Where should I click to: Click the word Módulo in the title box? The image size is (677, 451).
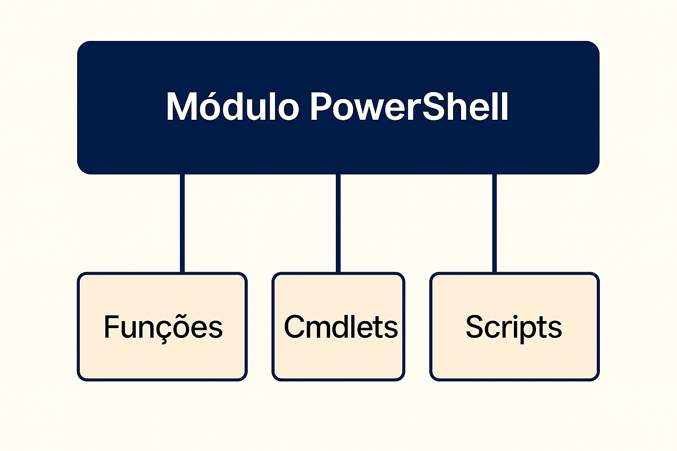(233, 106)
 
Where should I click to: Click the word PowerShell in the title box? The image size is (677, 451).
(409, 106)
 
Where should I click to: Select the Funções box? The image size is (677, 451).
(162, 326)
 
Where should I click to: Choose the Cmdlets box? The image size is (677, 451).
(338, 326)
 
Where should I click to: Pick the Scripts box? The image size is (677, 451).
(514, 326)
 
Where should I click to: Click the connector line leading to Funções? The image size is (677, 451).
(182, 223)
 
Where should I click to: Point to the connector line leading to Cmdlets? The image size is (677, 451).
(338, 223)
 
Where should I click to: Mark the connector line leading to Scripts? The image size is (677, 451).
(495, 223)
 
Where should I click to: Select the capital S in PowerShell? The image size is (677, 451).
(433, 106)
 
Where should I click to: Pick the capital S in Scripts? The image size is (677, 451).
(475, 326)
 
